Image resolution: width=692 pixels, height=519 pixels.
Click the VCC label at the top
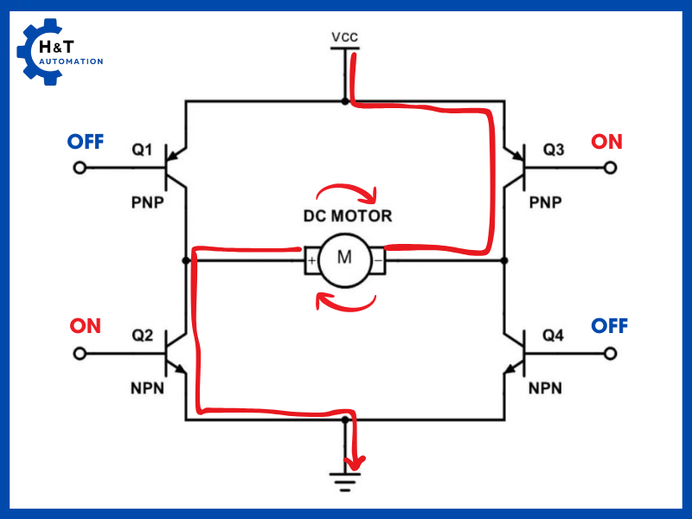(x=344, y=37)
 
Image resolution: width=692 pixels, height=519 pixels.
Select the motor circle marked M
(x=344, y=258)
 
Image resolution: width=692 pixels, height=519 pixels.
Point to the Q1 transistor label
(x=142, y=151)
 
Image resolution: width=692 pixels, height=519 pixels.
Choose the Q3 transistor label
(x=554, y=151)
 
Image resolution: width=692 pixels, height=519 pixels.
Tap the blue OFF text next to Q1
(x=86, y=141)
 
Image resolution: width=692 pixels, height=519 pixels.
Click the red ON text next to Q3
(x=606, y=141)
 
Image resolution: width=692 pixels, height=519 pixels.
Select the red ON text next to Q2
(x=86, y=326)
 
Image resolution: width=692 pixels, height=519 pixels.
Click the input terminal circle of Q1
(x=80, y=168)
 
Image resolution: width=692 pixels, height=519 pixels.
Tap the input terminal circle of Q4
(x=612, y=354)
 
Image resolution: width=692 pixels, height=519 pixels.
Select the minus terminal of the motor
(x=378, y=259)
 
